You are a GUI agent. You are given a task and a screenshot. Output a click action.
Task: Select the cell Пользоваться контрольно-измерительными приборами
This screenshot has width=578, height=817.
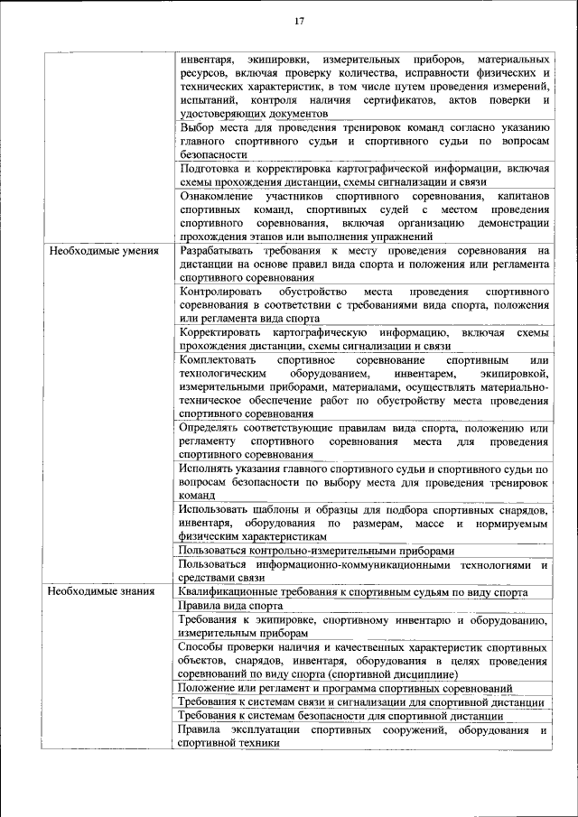click(x=316, y=550)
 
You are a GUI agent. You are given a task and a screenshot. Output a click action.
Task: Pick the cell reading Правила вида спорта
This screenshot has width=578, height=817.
click(x=230, y=606)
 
